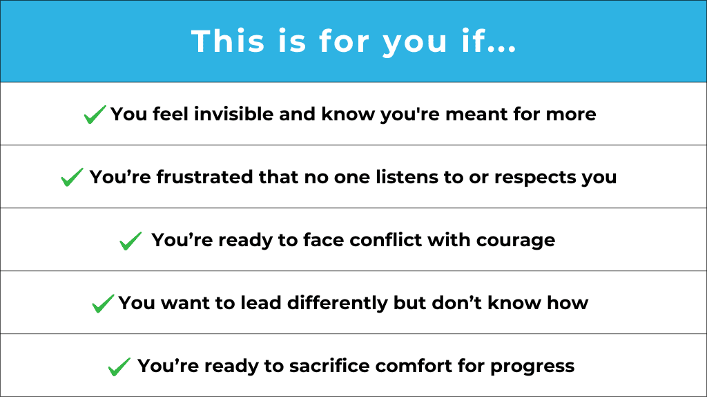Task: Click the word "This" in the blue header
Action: pos(228,41)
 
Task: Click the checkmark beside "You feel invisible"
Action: pos(95,114)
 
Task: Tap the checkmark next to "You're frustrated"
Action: pos(72,177)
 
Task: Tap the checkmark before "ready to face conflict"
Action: pos(130,241)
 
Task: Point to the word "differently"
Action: pos(337,304)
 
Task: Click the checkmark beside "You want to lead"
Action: pos(103,304)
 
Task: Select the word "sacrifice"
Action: pos(329,365)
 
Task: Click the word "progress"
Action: pos(532,367)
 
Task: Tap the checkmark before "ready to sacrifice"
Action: pos(119,367)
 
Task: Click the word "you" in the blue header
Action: pos(415,44)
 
